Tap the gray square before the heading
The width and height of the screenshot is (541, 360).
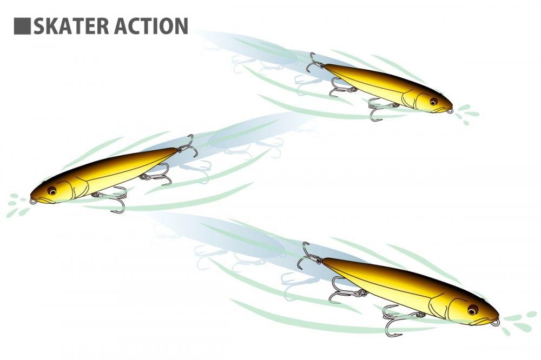tap(22, 26)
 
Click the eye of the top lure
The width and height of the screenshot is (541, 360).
tap(434, 102)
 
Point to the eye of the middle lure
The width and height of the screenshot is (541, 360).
tap(52, 190)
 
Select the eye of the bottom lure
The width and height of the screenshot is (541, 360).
tap(473, 310)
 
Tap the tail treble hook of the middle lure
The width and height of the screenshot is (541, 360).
tap(188, 146)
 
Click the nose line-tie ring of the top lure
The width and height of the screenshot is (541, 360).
tap(449, 111)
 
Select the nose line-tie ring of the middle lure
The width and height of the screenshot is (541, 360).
tap(33, 201)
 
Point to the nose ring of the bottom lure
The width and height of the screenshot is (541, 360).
tap(495, 322)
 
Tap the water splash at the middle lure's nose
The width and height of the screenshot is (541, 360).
tap(17, 205)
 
